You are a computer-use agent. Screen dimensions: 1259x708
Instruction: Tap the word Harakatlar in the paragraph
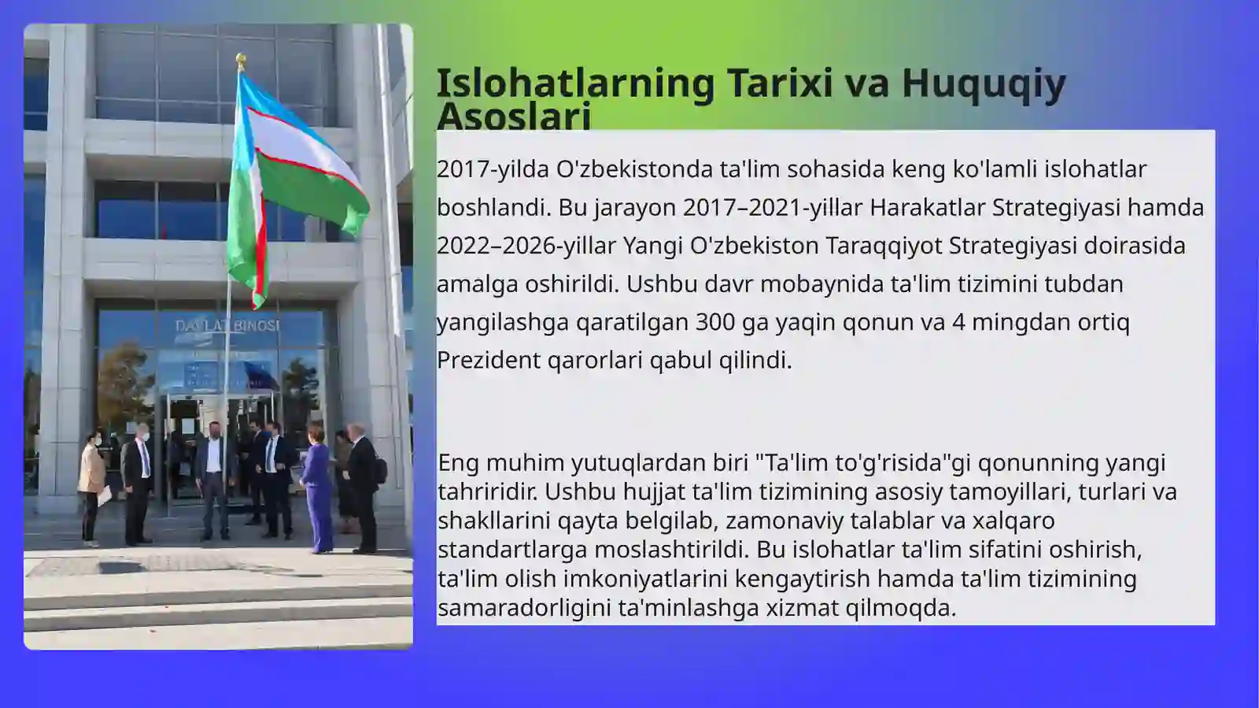tap(928, 207)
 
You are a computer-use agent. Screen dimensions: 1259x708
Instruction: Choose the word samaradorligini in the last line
tap(524, 609)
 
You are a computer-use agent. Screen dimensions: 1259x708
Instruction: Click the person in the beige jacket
tap(90, 487)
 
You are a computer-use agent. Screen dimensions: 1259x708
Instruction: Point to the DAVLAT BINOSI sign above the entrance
tap(227, 326)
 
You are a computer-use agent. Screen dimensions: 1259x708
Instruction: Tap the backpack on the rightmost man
tap(380, 469)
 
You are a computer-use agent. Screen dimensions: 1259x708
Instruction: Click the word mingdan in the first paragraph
tap(1020, 323)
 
